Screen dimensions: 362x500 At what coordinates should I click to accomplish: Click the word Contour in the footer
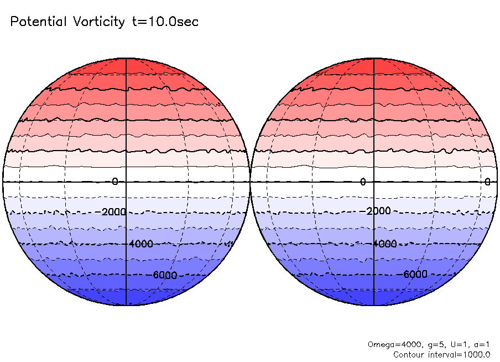(408, 354)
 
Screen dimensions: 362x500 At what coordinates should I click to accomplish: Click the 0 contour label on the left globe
(115, 182)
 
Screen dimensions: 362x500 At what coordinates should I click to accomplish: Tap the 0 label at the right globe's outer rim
(488, 182)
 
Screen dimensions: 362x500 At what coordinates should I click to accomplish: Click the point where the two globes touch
(250, 182)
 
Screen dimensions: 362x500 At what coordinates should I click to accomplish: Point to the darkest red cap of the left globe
(127, 65)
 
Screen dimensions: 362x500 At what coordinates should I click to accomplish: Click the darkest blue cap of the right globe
(374, 298)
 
